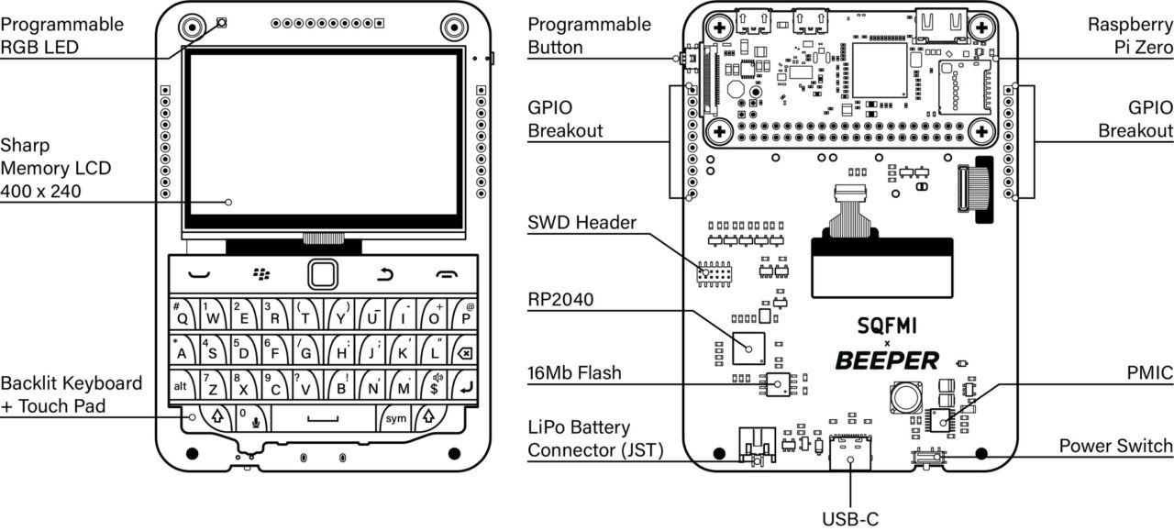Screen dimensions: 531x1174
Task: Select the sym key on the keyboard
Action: pyautogui.click(x=395, y=418)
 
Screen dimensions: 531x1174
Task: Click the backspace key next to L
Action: pyautogui.click(x=466, y=352)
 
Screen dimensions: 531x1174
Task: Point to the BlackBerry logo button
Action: pyautogui.click(x=262, y=273)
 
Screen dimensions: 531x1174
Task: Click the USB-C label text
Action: pyautogui.click(x=849, y=519)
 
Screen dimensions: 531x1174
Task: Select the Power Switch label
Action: pyautogui.click(x=1115, y=446)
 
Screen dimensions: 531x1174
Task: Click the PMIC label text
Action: pyautogui.click(x=1150, y=373)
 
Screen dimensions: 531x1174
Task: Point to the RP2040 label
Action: pyautogui.click(x=560, y=300)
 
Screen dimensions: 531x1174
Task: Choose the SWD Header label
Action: pyautogui.click(x=581, y=223)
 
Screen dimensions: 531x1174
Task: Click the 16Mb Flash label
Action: pyautogui.click(x=574, y=372)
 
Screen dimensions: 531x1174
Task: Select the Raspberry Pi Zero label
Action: pyautogui.click(x=1130, y=36)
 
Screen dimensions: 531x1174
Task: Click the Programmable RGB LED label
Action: pyautogui.click(x=61, y=36)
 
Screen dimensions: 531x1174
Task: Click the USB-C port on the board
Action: pyautogui.click(x=849, y=451)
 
